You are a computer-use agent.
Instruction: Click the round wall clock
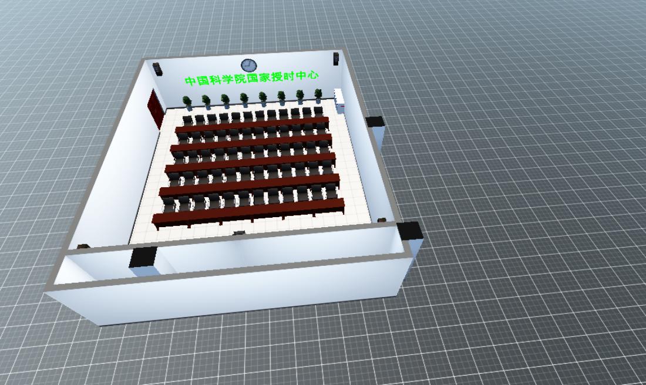coord(249,65)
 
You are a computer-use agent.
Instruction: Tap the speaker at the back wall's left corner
coord(157,69)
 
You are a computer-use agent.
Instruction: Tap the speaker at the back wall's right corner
coord(336,59)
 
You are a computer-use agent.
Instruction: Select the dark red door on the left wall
coord(155,109)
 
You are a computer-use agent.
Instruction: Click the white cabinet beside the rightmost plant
coord(339,100)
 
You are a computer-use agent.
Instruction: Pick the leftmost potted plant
coord(187,103)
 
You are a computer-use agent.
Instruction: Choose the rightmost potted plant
coord(318,96)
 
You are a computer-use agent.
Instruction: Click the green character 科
coord(215,79)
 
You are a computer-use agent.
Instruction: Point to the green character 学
coord(228,79)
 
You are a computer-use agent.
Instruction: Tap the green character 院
coord(240,78)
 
